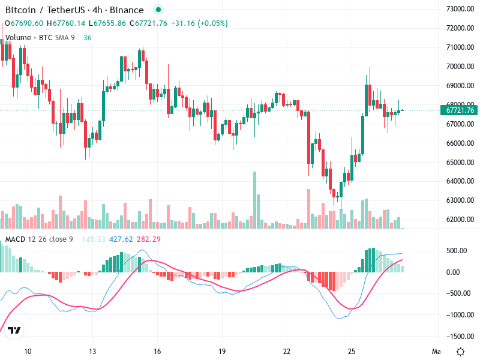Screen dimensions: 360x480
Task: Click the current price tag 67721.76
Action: (460, 110)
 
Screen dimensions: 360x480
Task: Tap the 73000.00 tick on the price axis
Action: (460, 9)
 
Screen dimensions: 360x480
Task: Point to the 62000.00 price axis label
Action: (460, 220)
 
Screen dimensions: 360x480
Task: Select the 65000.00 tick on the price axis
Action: (460, 163)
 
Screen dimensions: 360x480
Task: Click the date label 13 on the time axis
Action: (92, 351)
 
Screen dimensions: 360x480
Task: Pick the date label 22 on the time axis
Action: (287, 351)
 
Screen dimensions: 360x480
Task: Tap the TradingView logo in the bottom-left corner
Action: (15, 331)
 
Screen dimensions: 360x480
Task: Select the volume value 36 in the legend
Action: (88, 37)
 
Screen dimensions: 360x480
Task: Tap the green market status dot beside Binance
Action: (158, 10)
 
